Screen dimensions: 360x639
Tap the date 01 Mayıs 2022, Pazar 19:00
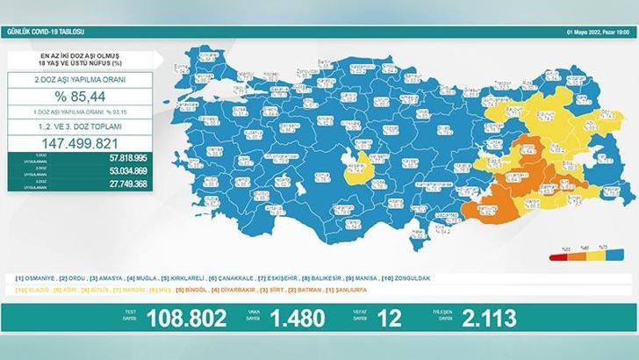tap(592, 32)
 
